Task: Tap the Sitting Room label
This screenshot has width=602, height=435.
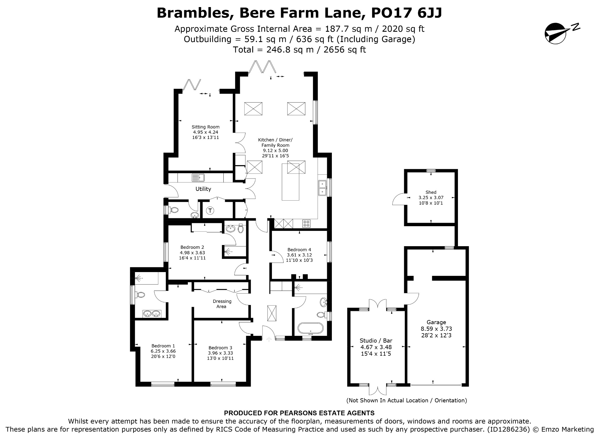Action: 205,127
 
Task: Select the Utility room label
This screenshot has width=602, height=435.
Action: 203,189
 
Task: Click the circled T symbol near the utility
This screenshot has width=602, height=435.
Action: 210,211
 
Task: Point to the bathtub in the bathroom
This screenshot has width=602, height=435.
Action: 310,328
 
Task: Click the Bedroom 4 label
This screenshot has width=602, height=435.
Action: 299,250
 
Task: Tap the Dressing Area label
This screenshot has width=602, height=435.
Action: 222,304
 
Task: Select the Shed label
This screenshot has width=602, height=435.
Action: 431,192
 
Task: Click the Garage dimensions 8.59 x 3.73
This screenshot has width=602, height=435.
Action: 437,329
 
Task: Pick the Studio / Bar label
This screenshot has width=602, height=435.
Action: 376,341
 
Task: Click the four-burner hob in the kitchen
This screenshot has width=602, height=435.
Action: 306,224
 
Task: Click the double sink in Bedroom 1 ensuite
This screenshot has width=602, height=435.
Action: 152,314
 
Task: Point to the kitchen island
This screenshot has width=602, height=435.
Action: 290,182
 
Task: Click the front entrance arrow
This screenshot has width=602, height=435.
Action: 268,339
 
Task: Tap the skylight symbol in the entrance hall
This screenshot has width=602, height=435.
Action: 272,314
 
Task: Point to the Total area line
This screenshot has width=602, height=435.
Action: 299,50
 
